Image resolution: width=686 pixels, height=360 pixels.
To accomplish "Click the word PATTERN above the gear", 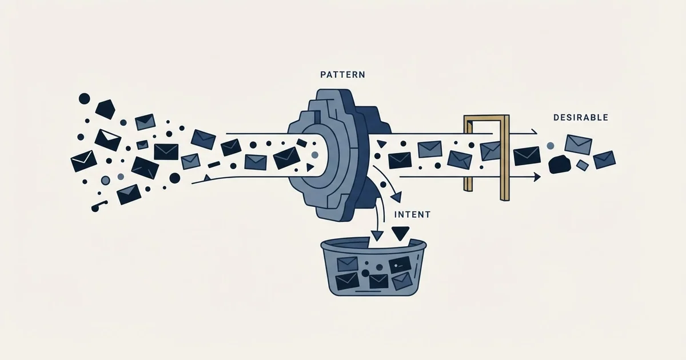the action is pos(342,75).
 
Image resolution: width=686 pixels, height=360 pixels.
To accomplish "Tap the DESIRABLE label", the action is pos(581,118).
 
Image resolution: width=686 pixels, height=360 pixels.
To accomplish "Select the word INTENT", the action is pos(412,215).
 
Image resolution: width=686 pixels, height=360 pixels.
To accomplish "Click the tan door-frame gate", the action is pos(505,158).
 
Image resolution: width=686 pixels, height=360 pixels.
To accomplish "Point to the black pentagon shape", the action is pos(105,109).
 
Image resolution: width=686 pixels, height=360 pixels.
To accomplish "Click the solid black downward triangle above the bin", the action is pos(400,233).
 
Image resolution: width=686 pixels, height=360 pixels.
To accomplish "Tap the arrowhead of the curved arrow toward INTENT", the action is pos(397,197).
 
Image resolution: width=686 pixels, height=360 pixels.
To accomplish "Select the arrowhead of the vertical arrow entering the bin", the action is pos(377,235).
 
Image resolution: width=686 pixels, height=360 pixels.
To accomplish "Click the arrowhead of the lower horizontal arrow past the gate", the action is pos(537,177).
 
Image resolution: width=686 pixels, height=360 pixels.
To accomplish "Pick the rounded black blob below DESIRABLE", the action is pos(559,165).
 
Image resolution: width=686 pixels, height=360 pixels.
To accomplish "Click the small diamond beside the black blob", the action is pos(582,166).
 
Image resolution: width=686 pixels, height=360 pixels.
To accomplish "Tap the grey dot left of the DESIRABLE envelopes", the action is pos(551,146).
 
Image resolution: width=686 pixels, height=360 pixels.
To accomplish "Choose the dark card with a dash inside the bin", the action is pos(400,265).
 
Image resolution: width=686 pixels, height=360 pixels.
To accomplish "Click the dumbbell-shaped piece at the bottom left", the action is pos(99,206).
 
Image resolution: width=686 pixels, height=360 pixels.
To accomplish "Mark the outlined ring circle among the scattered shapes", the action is pos(105,181).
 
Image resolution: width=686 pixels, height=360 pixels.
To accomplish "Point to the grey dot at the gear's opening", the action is pos(315,155).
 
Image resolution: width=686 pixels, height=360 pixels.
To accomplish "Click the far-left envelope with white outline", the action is pos(83,161).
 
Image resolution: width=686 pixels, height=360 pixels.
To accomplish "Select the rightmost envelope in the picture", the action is pos(605,160).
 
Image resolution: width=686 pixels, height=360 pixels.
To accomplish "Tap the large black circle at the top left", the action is pos(85,98).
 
